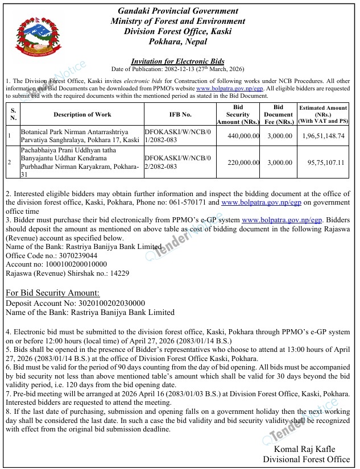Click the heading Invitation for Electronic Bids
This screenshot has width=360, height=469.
tap(177, 61)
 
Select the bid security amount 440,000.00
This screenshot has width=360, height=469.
tap(238, 136)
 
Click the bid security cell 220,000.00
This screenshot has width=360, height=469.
tap(238, 162)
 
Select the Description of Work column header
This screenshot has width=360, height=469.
tap(82, 115)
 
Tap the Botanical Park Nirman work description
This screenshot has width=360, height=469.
tap(79, 135)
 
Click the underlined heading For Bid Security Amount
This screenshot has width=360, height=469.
tap(52, 293)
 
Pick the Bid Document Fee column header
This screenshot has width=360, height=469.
tap(278, 114)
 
